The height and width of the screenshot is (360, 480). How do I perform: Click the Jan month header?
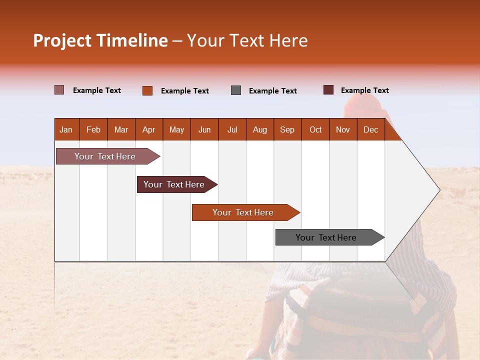(66, 129)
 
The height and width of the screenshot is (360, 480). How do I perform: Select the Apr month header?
(149, 129)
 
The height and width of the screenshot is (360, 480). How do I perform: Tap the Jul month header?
(232, 129)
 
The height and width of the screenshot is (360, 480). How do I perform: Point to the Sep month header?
(287, 129)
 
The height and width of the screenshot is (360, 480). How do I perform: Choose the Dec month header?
(370, 129)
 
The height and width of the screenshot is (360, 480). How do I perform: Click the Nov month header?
(343, 129)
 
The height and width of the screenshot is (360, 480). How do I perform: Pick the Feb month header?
(93, 129)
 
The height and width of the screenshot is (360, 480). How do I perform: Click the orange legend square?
(147, 90)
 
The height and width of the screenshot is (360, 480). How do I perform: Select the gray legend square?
(236, 90)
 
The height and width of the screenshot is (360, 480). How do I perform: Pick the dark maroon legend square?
(328, 90)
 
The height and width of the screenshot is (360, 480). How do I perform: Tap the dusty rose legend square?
(59, 90)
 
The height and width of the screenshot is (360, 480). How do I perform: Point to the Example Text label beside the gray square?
(273, 91)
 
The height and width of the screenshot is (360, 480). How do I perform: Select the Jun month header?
(204, 129)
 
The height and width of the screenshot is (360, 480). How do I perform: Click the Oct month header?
(315, 129)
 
